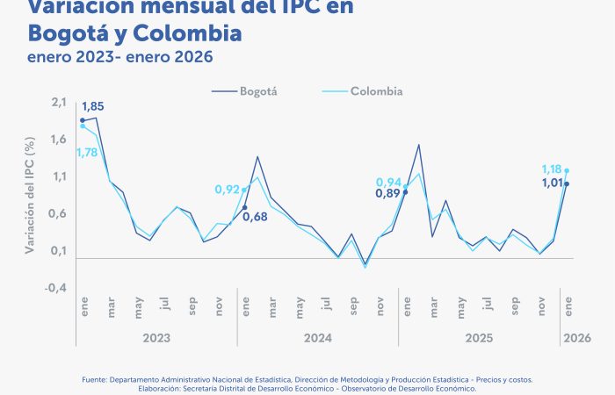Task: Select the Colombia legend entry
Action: click(376, 90)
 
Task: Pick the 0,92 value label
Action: click(228, 190)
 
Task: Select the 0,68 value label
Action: click(255, 217)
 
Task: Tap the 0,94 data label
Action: click(389, 182)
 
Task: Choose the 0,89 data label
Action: click(388, 194)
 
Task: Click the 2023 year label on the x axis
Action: click(156, 336)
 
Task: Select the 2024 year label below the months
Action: click(317, 336)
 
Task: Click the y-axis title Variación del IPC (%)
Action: click(30, 196)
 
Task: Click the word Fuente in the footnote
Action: click(94, 379)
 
